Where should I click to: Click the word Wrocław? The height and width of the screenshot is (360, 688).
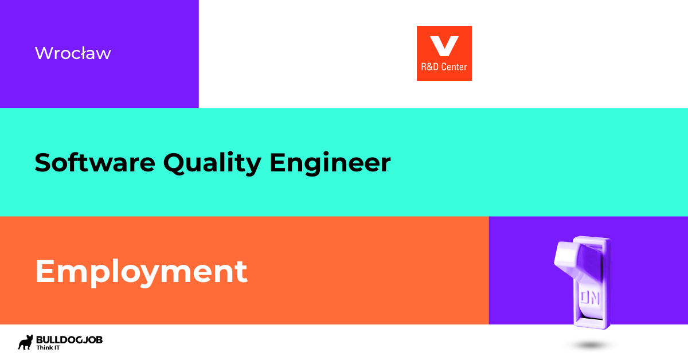tap(73, 53)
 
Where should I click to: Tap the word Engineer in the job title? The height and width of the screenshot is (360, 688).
tap(330, 163)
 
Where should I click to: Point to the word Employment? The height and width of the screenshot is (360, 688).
tap(141, 272)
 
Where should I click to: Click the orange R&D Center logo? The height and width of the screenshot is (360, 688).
tap(444, 53)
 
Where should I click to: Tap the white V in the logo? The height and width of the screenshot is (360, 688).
tap(444, 45)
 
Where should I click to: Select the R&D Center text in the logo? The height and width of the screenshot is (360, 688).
tap(444, 67)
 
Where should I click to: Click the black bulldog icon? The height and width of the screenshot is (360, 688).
tap(26, 342)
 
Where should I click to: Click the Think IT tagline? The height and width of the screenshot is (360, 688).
tap(49, 348)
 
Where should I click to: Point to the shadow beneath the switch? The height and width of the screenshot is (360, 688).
tap(591, 346)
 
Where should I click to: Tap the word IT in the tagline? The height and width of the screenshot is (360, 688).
tap(58, 348)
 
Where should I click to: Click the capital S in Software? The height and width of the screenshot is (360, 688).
tap(43, 163)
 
